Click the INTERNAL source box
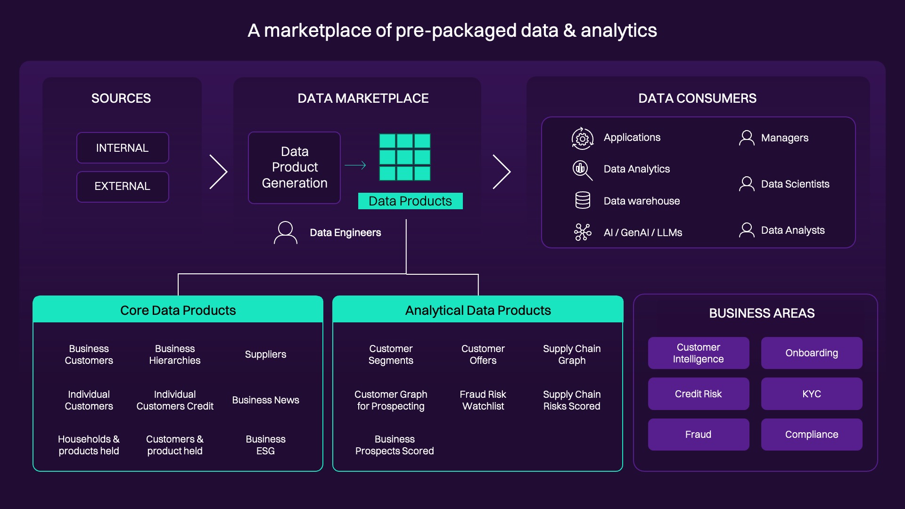(x=123, y=148)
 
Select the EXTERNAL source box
(x=123, y=187)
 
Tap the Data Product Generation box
(x=295, y=167)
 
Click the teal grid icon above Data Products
(x=405, y=157)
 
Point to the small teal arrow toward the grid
(x=355, y=165)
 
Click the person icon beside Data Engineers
(x=286, y=232)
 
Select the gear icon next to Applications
(x=583, y=138)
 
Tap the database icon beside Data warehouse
(x=583, y=200)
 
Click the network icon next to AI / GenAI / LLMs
(x=583, y=232)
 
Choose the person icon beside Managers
(x=747, y=138)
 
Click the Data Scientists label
(x=795, y=184)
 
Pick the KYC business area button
(x=811, y=394)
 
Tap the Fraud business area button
(x=698, y=435)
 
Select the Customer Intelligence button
(x=698, y=353)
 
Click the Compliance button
(x=811, y=435)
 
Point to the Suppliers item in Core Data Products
(x=265, y=354)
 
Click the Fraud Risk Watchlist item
(x=483, y=400)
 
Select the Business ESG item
(x=265, y=445)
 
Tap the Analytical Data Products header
(x=478, y=310)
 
